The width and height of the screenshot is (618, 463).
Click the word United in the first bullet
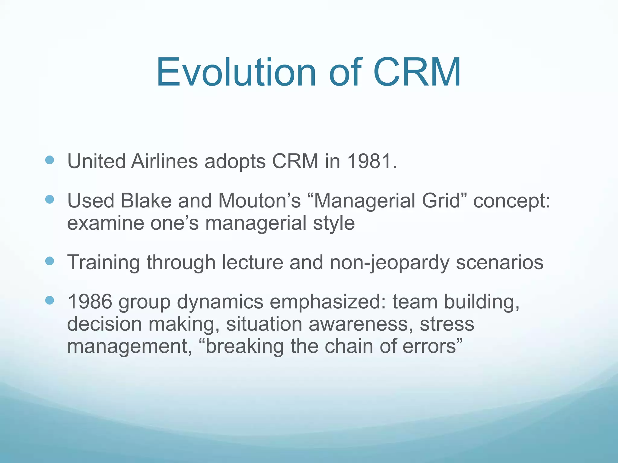(x=96, y=161)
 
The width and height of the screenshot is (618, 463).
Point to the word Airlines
(x=164, y=161)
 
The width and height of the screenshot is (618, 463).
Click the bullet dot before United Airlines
(x=49, y=160)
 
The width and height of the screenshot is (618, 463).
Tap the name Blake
(x=146, y=201)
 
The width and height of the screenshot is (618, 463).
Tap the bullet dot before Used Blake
(x=49, y=199)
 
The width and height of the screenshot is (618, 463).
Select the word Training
(x=104, y=262)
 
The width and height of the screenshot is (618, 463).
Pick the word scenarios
(x=499, y=262)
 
